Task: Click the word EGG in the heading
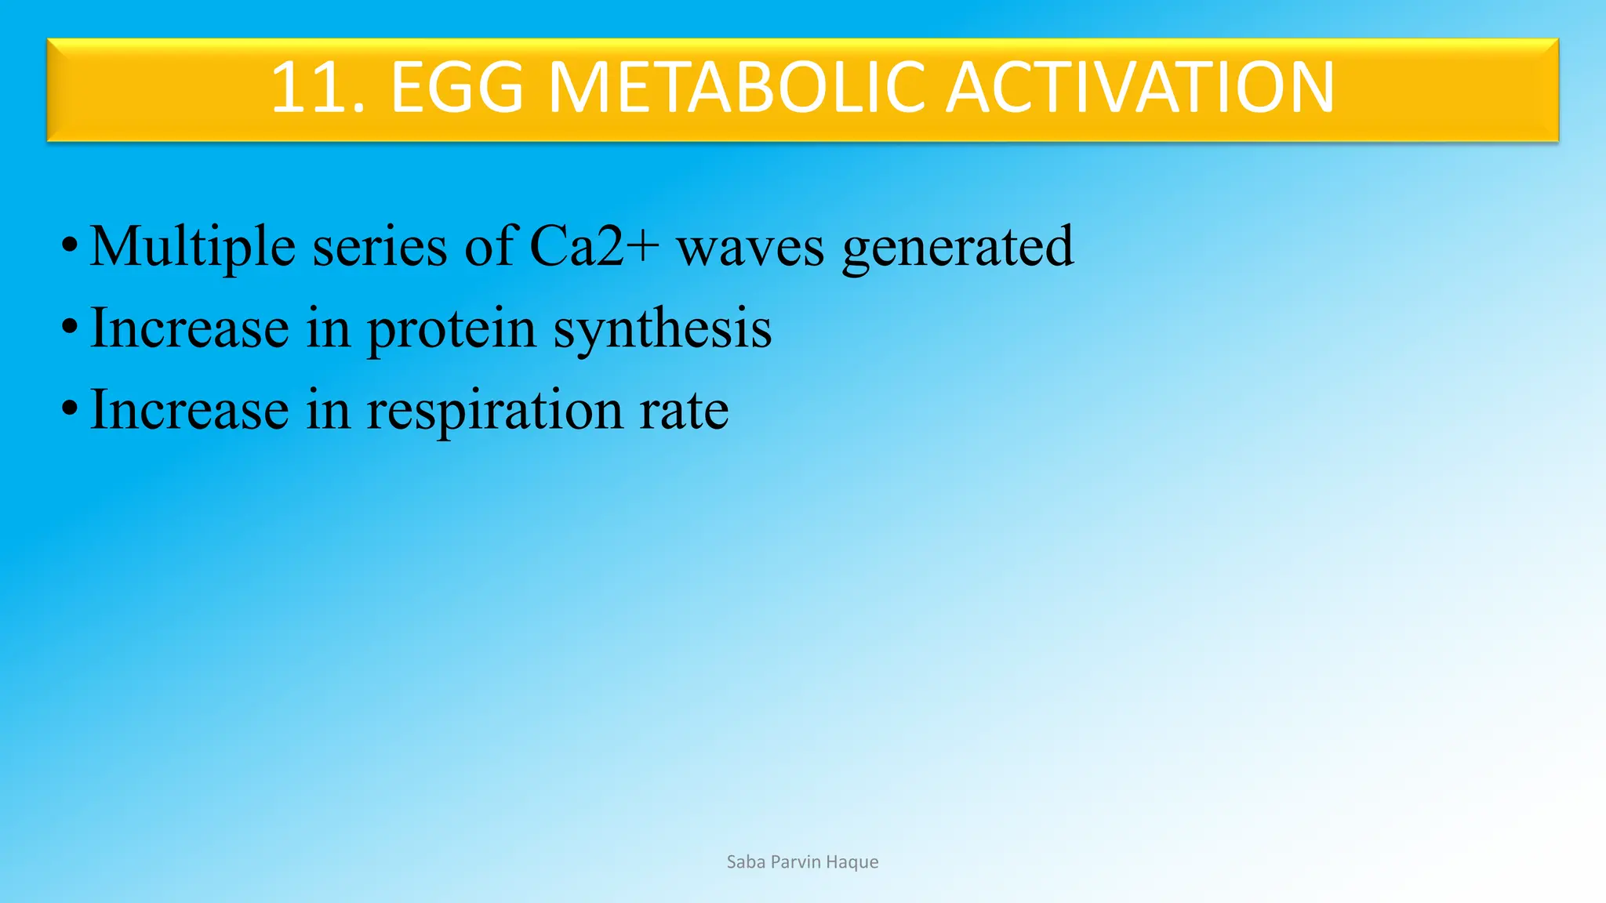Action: tap(456, 88)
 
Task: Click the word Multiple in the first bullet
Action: tap(192, 248)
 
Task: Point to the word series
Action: tap(380, 248)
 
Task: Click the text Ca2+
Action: tap(594, 246)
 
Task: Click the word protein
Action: tap(451, 330)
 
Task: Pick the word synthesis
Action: tap(663, 330)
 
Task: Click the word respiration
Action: tap(494, 412)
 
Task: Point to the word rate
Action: tap(684, 412)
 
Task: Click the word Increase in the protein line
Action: tap(190, 328)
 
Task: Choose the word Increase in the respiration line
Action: tap(190, 410)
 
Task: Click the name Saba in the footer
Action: tap(746, 862)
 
